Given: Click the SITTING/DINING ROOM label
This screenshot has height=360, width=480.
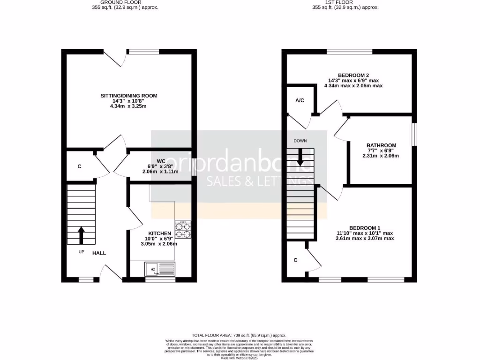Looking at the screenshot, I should pyautogui.click(x=129, y=96).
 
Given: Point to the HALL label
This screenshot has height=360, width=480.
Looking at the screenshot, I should pyautogui.click(x=99, y=253).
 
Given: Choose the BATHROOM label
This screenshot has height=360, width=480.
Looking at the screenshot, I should pyautogui.click(x=381, y=145).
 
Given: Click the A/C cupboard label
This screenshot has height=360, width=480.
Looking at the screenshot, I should pyautogui.click(x=300, y=100).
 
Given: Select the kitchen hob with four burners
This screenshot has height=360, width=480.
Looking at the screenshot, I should pyautogui.click(x=183, y=229).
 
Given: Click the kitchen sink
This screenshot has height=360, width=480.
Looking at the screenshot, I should pyautogui.click(x=160, y=269).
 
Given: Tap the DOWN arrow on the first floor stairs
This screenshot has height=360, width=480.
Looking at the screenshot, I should pyautogui.click(x=300, y=157).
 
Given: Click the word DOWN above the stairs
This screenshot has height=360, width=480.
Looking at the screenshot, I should pyautogui.click(x=300, y=141).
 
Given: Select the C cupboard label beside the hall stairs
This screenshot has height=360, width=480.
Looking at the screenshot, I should pyautogui.click(x=79, y=166).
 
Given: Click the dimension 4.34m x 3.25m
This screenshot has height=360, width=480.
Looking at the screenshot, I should pyautogui.click(x=129, y=106).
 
